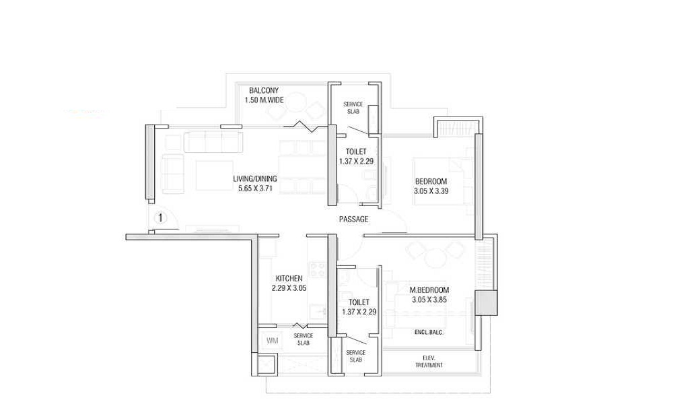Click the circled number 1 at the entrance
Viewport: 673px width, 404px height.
160,218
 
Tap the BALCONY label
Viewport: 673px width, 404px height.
264,91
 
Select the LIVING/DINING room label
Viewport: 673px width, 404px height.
255,178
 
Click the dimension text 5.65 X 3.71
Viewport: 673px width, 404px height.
255,188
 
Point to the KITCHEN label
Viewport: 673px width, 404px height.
289,278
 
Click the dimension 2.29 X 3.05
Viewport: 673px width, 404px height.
289,288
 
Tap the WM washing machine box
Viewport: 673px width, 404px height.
272,341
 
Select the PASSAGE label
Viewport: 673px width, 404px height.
354,220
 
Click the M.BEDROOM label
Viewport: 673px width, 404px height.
429,290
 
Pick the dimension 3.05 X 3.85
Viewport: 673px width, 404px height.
429,300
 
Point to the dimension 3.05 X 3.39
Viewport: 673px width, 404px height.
431,191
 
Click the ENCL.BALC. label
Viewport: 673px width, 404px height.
429,333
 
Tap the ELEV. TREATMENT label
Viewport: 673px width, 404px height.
429,362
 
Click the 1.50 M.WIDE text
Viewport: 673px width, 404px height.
264,100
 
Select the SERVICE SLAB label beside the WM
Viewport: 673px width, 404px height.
304,339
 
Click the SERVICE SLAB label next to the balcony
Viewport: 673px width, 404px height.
353,108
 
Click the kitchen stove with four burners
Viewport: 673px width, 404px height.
318,269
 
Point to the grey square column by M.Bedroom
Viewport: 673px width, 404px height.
486,303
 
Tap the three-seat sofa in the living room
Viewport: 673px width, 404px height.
211,141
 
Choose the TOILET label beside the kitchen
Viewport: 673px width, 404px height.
359,302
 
